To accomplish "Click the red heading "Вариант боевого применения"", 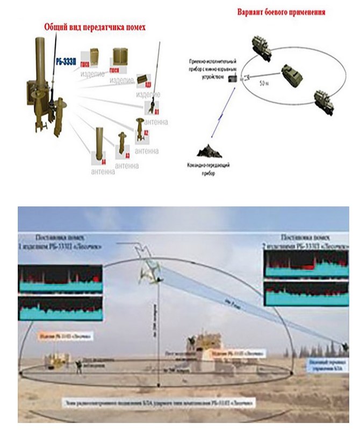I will (282, 12).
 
